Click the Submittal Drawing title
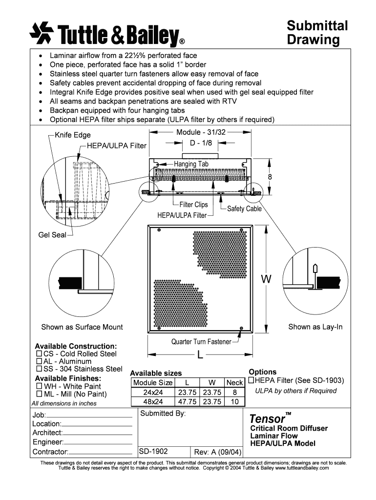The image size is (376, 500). tap(316, 32)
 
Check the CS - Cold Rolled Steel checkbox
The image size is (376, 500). tap(39, 354)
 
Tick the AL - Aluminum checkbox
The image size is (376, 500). tap(39, 361)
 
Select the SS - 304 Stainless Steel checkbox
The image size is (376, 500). tap(39, 369)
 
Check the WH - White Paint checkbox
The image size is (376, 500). tap(39, 386)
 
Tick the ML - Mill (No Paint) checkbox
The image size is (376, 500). tap(39, 394)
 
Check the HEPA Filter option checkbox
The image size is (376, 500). tap(252, 380)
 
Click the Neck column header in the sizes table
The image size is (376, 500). tap(234, 383)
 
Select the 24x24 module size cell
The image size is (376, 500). tap(153, 392)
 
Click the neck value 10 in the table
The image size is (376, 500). tap(234, 401)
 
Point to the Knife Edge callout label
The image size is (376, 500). tap(73, 135)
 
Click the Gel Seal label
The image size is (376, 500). tap(52, 235)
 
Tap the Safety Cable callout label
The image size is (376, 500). tap(244, 208)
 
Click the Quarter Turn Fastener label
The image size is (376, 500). tap(201, 342)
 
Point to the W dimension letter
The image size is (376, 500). tap(266, 279)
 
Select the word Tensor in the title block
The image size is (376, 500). tap(267, 419)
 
